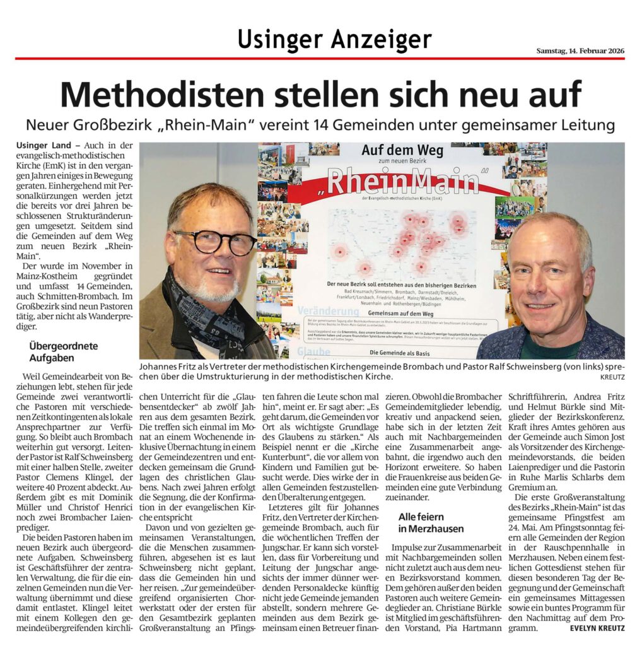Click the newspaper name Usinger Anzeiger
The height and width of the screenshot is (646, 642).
334,40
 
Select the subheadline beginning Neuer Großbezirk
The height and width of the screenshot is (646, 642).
320,125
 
